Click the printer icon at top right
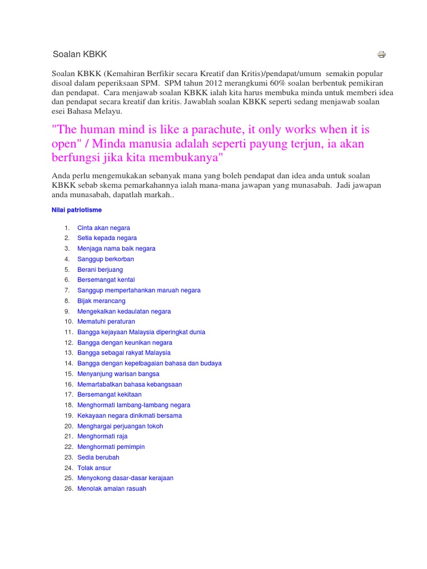(x=381, y=54)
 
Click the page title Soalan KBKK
(x=80, y=54)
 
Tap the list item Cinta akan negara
(x=103, y=228)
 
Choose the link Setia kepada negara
(x=107, y=238)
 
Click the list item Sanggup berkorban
(x=106, y=259)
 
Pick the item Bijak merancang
(x=101, y=301)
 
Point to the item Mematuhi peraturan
(x=106, y=322)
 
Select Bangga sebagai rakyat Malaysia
(x=124, y=353)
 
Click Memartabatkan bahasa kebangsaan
(x=130, y=384)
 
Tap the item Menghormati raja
(x=102, y=436)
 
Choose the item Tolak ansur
(x=94, y=468)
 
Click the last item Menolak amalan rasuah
(x=112, y=488)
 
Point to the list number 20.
(x=68, y=426)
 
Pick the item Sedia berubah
(x=98, y=457)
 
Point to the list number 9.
(x=67, y=311)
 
